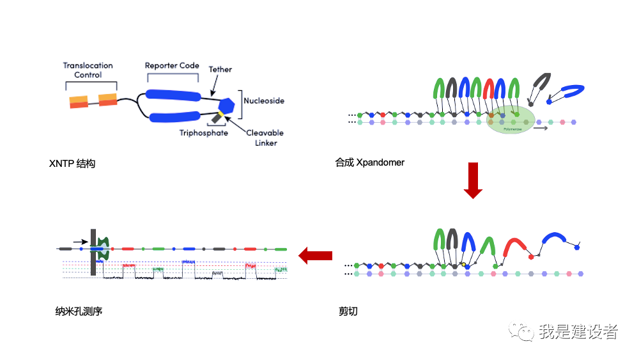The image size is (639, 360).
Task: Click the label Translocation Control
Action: (88, 70)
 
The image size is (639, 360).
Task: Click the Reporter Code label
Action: (172, 66)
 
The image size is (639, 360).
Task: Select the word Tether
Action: (220, 69)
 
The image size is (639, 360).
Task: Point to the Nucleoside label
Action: (263, 101)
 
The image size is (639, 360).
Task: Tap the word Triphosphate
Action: (203, 133)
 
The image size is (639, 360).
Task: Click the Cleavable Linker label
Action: (265, 137)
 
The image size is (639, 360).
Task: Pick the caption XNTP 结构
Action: (72, 164)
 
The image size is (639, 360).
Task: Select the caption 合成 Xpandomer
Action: (369, 162)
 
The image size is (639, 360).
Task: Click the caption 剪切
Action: (348, 311)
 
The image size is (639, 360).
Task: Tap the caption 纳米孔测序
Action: (79, 311)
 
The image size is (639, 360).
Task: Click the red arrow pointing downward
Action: (473, 180)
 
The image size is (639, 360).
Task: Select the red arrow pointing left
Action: (316, 256)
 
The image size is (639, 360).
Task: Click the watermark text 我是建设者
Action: (578, 331)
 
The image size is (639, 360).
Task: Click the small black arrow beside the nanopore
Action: (81, 242)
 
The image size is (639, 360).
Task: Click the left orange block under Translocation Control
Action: (79, 102)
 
